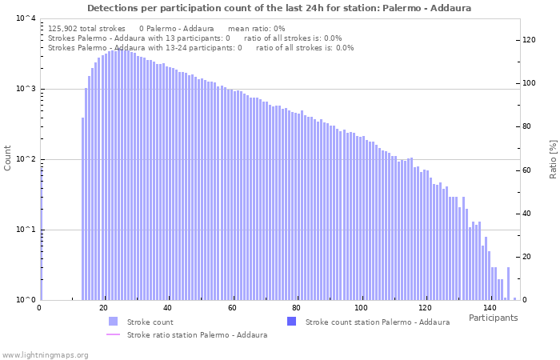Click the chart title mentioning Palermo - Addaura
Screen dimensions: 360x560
click(279, 8)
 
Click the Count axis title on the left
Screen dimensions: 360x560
click(8, 158)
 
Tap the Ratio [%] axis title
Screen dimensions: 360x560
click(552, 158)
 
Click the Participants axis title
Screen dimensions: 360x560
click(493, 318)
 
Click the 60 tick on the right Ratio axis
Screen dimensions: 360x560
click(527, 170)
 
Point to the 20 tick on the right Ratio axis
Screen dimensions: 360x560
click(527, 257)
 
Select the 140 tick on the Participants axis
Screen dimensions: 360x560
click(490, 308)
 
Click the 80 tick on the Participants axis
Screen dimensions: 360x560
click(296, 308)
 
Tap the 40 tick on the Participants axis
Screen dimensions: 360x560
click(168, 308)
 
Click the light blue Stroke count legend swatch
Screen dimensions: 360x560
click(113, 322)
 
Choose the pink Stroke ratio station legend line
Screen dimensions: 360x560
click(113, 334)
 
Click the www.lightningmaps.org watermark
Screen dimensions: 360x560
click(45, 354)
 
